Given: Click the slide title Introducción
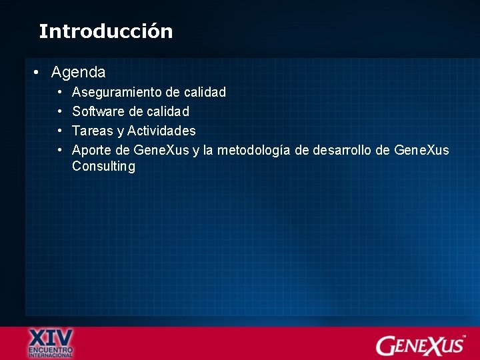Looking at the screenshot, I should (x=105, y=31).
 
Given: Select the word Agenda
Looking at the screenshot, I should (x=78, y=71).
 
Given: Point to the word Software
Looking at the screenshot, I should (x=98, y=111).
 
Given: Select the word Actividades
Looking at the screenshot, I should (x=161, y=131).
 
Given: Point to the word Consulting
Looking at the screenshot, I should (x=103, y=167).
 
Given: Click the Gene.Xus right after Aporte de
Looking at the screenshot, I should (x=161, y=150).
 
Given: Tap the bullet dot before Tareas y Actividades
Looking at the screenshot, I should (x=59, y=131).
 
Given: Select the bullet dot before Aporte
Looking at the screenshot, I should (x=59, y=150).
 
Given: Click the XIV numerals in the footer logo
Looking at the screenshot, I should (x=51, y=336).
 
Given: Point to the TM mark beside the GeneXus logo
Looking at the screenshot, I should (x=464, y=337).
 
